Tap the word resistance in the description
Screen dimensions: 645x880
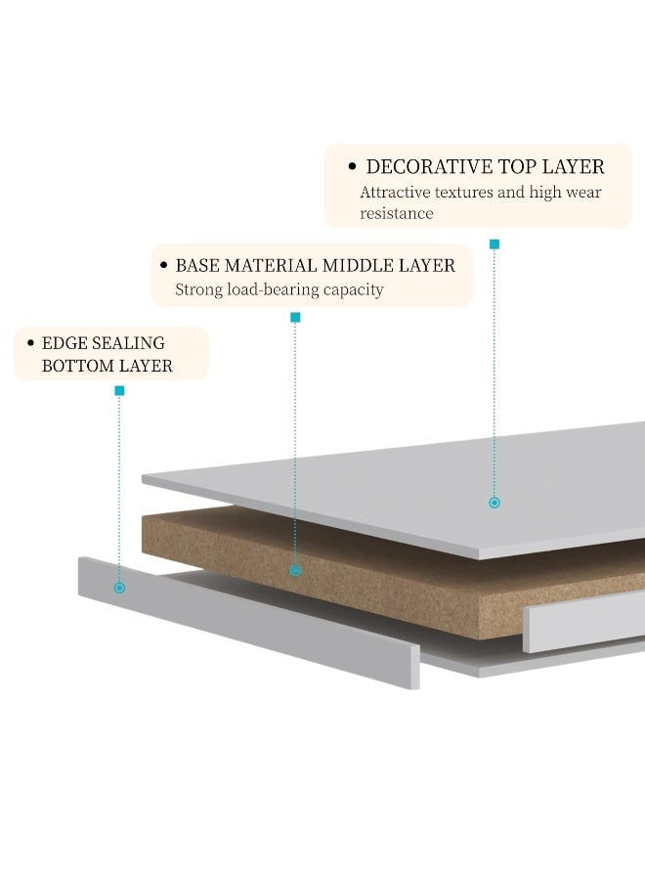tap(396, 214)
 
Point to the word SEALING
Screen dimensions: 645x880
tap(128, 343)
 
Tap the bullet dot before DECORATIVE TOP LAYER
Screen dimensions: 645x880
tap(352, 166)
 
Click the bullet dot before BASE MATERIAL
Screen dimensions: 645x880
tap(164, 265)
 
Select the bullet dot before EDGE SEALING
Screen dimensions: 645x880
tap(31, 342)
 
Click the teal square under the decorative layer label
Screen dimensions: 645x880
tap(494, 244)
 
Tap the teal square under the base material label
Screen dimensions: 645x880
tap(295, 318)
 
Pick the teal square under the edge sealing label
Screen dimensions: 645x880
tap(119, 390)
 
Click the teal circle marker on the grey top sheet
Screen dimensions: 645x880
tap(494, 503)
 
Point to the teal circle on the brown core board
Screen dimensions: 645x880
tap(295, 571)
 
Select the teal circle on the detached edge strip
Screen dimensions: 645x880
tap(119, 588)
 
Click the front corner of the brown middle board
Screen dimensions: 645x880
tap(479, 638)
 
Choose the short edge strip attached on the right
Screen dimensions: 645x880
tap(584, 623)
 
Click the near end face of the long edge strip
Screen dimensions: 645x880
tap(414, 667)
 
